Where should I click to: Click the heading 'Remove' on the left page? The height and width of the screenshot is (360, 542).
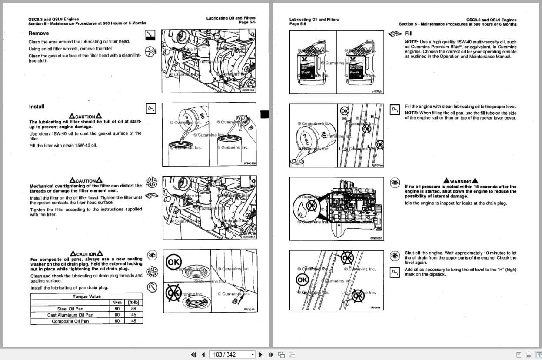point(39,33)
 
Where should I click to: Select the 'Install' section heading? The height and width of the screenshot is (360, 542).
point(37,107)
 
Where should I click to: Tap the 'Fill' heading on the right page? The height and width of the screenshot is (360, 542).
point(409,33)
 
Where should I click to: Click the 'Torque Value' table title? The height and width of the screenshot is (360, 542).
point(86,297)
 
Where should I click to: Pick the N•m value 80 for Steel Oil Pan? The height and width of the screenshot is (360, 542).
point(117,309)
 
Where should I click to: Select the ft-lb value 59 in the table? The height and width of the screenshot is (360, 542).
point(133,309)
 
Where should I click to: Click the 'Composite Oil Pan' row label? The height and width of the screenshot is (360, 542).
point(70,321)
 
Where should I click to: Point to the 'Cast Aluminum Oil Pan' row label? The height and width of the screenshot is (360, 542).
point(70,315)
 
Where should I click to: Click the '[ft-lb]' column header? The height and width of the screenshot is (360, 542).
point(133,303)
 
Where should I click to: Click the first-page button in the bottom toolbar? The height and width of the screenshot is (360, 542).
point(193,354)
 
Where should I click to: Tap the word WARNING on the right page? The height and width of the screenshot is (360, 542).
point(461,181)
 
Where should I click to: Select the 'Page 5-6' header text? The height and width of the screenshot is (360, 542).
point(298,24)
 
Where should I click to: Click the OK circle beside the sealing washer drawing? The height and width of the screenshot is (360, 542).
point(174,262)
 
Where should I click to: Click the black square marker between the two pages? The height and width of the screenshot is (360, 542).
point(264,114)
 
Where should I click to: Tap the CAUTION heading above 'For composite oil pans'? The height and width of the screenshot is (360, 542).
point(86,254)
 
